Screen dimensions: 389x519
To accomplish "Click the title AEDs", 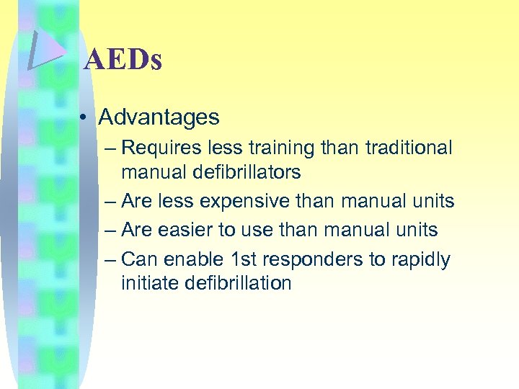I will [x=123, y=60].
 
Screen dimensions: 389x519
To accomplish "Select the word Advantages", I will [x=159, y=116].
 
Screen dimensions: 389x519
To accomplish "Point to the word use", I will [x=250, y=231].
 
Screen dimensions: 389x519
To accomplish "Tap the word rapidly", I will [x=420, y=259].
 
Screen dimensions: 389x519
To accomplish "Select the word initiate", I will [x=149, y=283].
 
